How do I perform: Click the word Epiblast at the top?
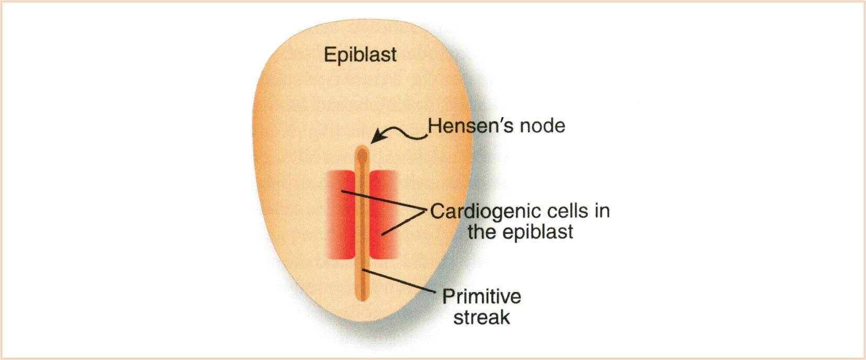[x=360, y=55]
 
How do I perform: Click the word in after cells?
[x=602, y=211]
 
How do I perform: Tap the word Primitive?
[x=481, y=297]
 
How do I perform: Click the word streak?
[x=481, y=318]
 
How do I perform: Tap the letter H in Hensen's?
[x=434, y=126]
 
